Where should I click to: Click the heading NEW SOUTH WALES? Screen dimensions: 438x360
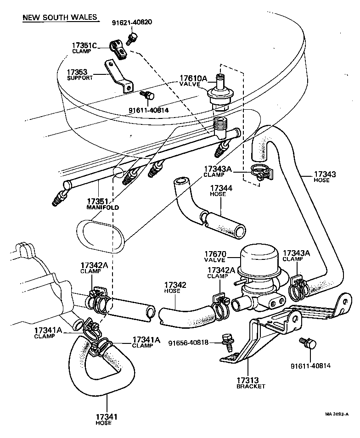60,17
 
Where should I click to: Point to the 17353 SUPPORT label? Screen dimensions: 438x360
80,75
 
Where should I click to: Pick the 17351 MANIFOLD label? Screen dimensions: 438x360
102,204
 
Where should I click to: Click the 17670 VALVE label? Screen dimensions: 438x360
215,257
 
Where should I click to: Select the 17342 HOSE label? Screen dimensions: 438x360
175,288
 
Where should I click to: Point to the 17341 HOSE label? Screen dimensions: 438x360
107,419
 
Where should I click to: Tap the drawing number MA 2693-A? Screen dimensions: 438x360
337,414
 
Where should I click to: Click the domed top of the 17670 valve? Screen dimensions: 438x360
259,255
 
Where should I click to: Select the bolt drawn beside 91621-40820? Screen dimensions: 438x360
133,38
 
